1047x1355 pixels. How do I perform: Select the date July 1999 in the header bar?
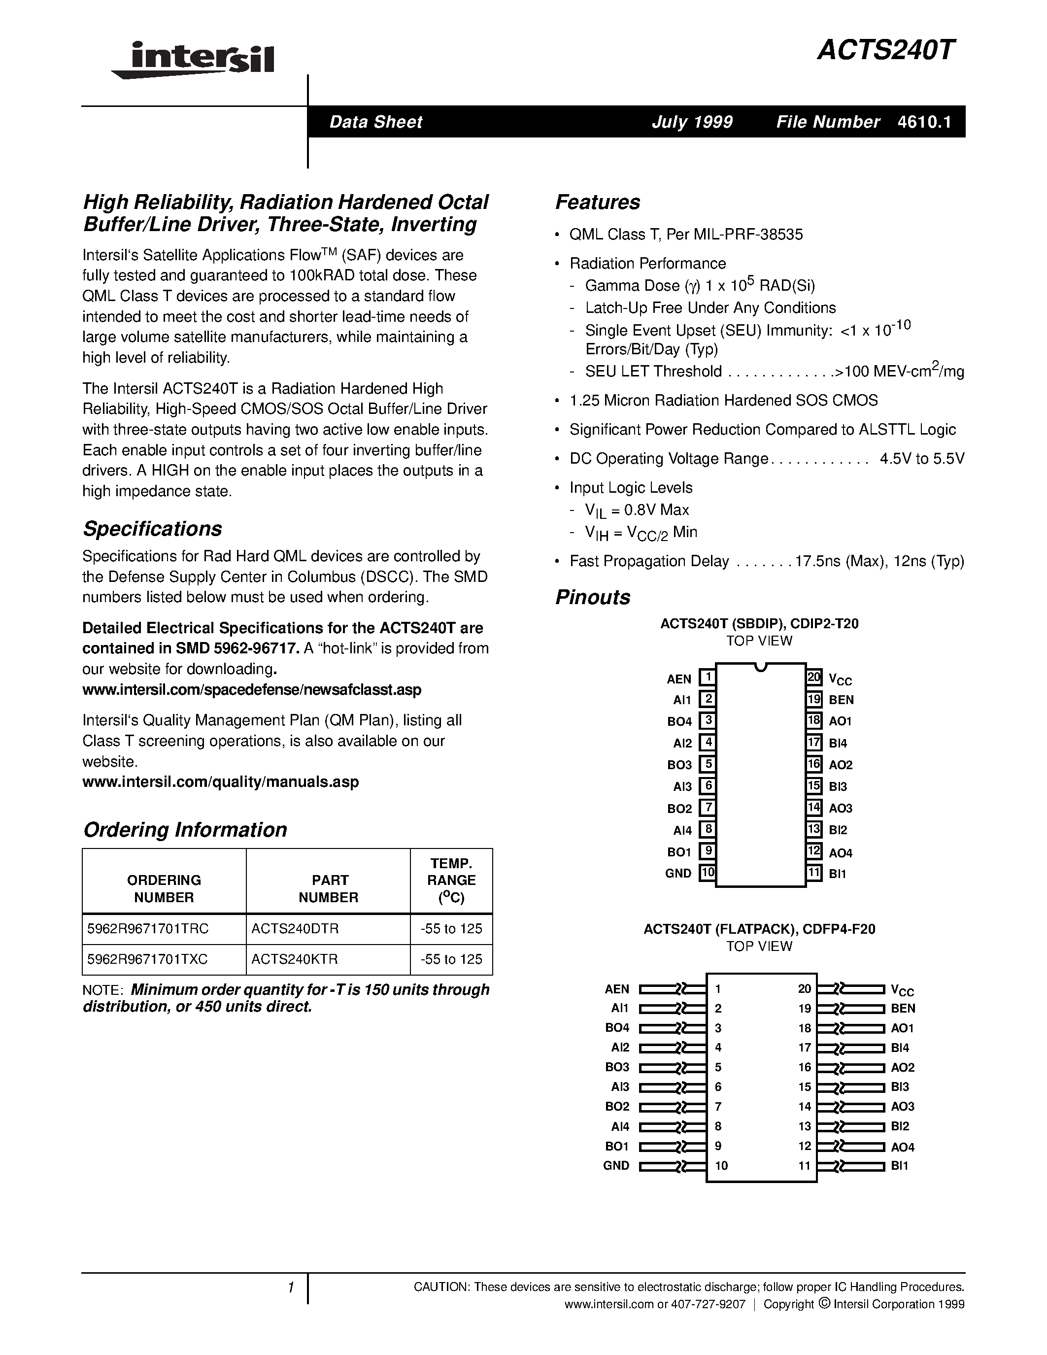pyautogui.click(x=692, y=122)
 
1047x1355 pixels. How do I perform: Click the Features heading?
pyautogui.click(x=597, y=202)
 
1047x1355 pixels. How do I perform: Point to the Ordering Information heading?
pyautogui.click(x=185, y=829)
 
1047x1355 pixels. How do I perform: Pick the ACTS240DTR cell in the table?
pyautogui.click(x=295, y=929)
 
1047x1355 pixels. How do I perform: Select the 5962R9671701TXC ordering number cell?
pyautogui.click(x=148, y=959)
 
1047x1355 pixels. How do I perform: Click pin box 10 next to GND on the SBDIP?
pyautogui.click(x=707, y=872)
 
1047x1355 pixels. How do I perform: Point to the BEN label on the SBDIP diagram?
pyautogui.click(x=841, y=700)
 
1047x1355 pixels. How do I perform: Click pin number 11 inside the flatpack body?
pyautogui.click(x=805, y=1165)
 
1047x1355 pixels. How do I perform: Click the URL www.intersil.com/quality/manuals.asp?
pyautogui.click(x=220, y=782)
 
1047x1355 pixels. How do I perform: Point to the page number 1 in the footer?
pyautogui.click(x=290, y=1287)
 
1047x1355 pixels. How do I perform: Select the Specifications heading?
pyautogui.click(x=153, y=529)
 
